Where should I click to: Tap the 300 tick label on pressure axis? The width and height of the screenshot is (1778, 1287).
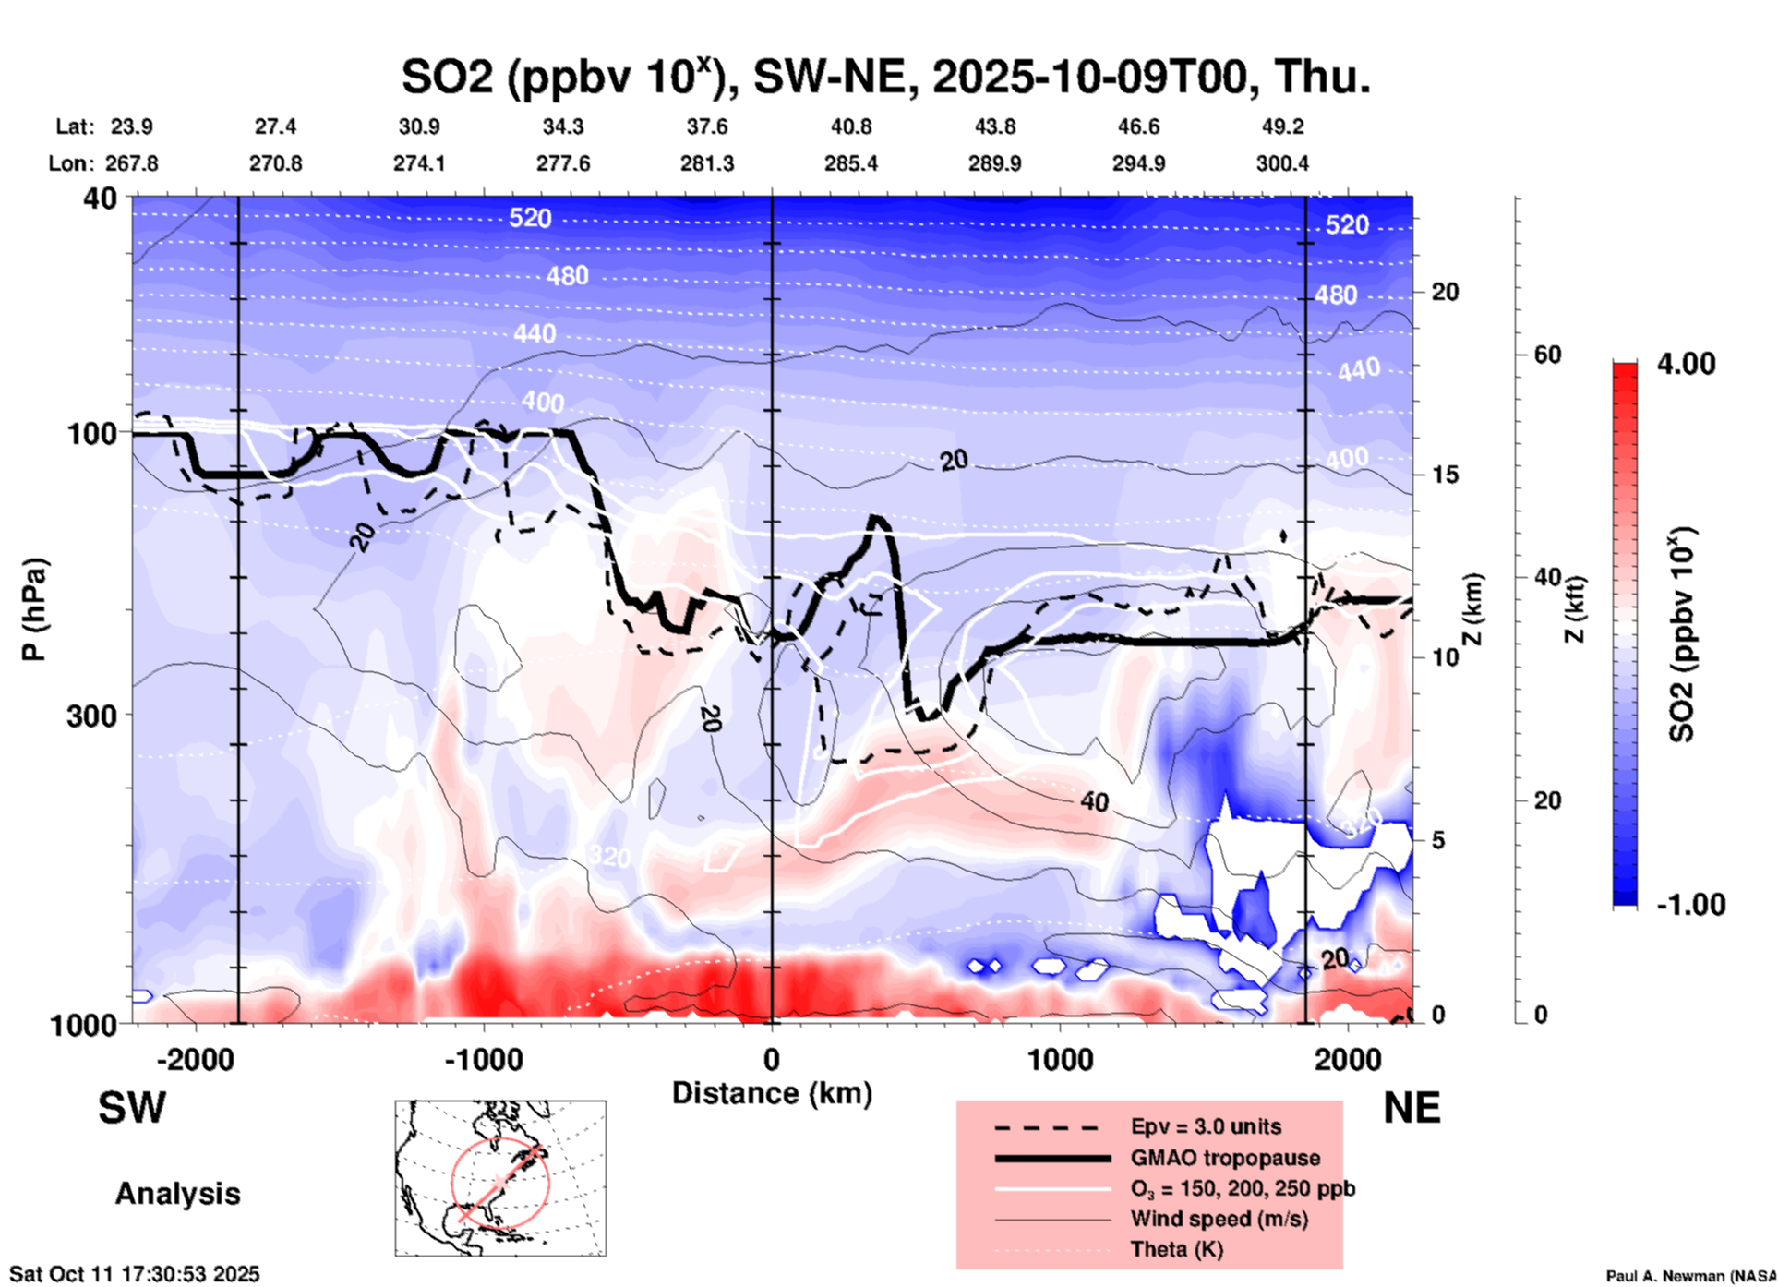(91, 716)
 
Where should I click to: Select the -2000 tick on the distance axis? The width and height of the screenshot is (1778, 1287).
(195, 1059)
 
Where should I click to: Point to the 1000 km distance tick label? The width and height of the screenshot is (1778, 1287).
(1060, 1059)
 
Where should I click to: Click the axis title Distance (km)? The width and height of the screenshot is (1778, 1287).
(772, 1093)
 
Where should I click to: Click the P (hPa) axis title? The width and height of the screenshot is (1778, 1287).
(34, 609)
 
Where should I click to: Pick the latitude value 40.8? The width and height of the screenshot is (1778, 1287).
(850, 126)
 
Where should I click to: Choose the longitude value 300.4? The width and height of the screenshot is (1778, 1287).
(1281, 163)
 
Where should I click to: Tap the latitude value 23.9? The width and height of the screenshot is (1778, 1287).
(132, 126)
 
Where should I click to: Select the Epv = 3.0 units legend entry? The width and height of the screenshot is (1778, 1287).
(1206, 1126)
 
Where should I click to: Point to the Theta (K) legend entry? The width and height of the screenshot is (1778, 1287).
(1176, 1249)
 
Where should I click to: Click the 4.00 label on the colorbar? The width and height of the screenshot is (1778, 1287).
(1686, 363)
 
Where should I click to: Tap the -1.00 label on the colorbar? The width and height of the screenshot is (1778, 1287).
(1690, 905)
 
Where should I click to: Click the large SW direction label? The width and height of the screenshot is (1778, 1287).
(132, 1108)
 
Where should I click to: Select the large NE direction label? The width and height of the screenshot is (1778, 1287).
(1412, 1108)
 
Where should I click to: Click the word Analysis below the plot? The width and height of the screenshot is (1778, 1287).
(177, 1194)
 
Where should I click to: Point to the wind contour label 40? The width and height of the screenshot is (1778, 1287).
(1094, 801)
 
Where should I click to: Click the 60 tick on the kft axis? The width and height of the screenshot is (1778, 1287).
(1547, 355)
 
